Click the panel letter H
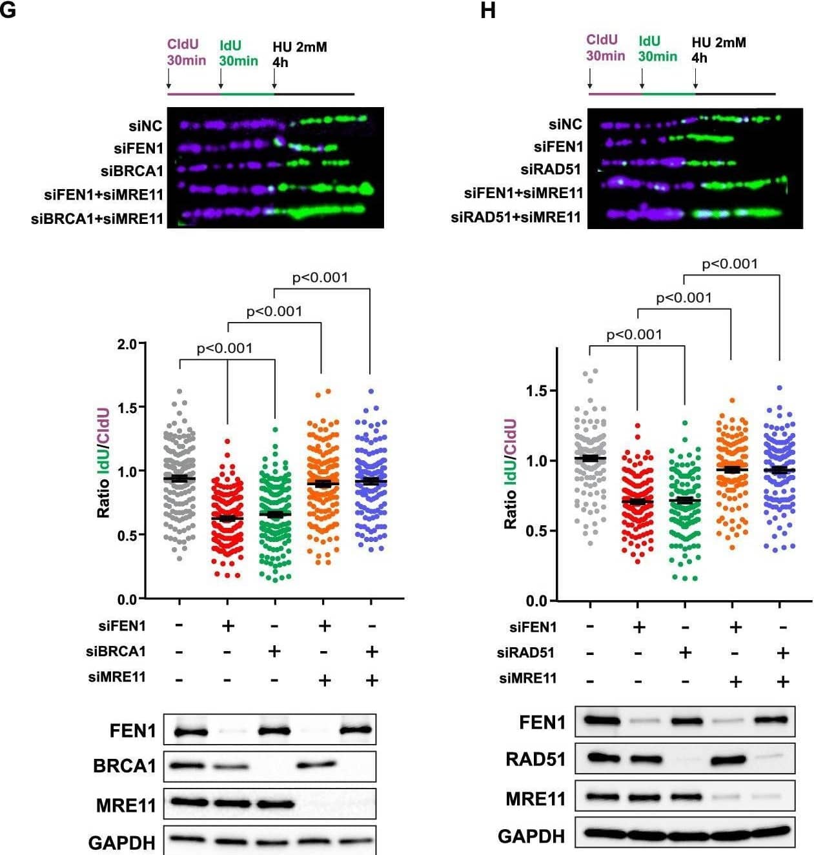(x=488, y=11)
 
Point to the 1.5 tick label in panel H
(x=537, y=391)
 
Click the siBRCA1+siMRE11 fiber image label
(x=97, y=219)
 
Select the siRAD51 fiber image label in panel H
(x=551, y=170)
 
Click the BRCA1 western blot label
(x=125, y=766)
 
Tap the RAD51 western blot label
(x=535, y=759)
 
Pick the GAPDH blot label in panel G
(x=122, y=843)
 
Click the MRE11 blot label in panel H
(x=535, y=799)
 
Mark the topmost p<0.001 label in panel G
(x=320, y=277)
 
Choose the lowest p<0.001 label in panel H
(x=634, y=334)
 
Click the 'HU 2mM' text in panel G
(x=300, y=47)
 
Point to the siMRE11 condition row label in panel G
(x=117, y=677)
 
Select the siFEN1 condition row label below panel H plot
(x=533, y=627)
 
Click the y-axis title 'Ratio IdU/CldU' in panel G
(x=103, y=462)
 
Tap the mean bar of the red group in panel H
(x=637, y=501)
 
